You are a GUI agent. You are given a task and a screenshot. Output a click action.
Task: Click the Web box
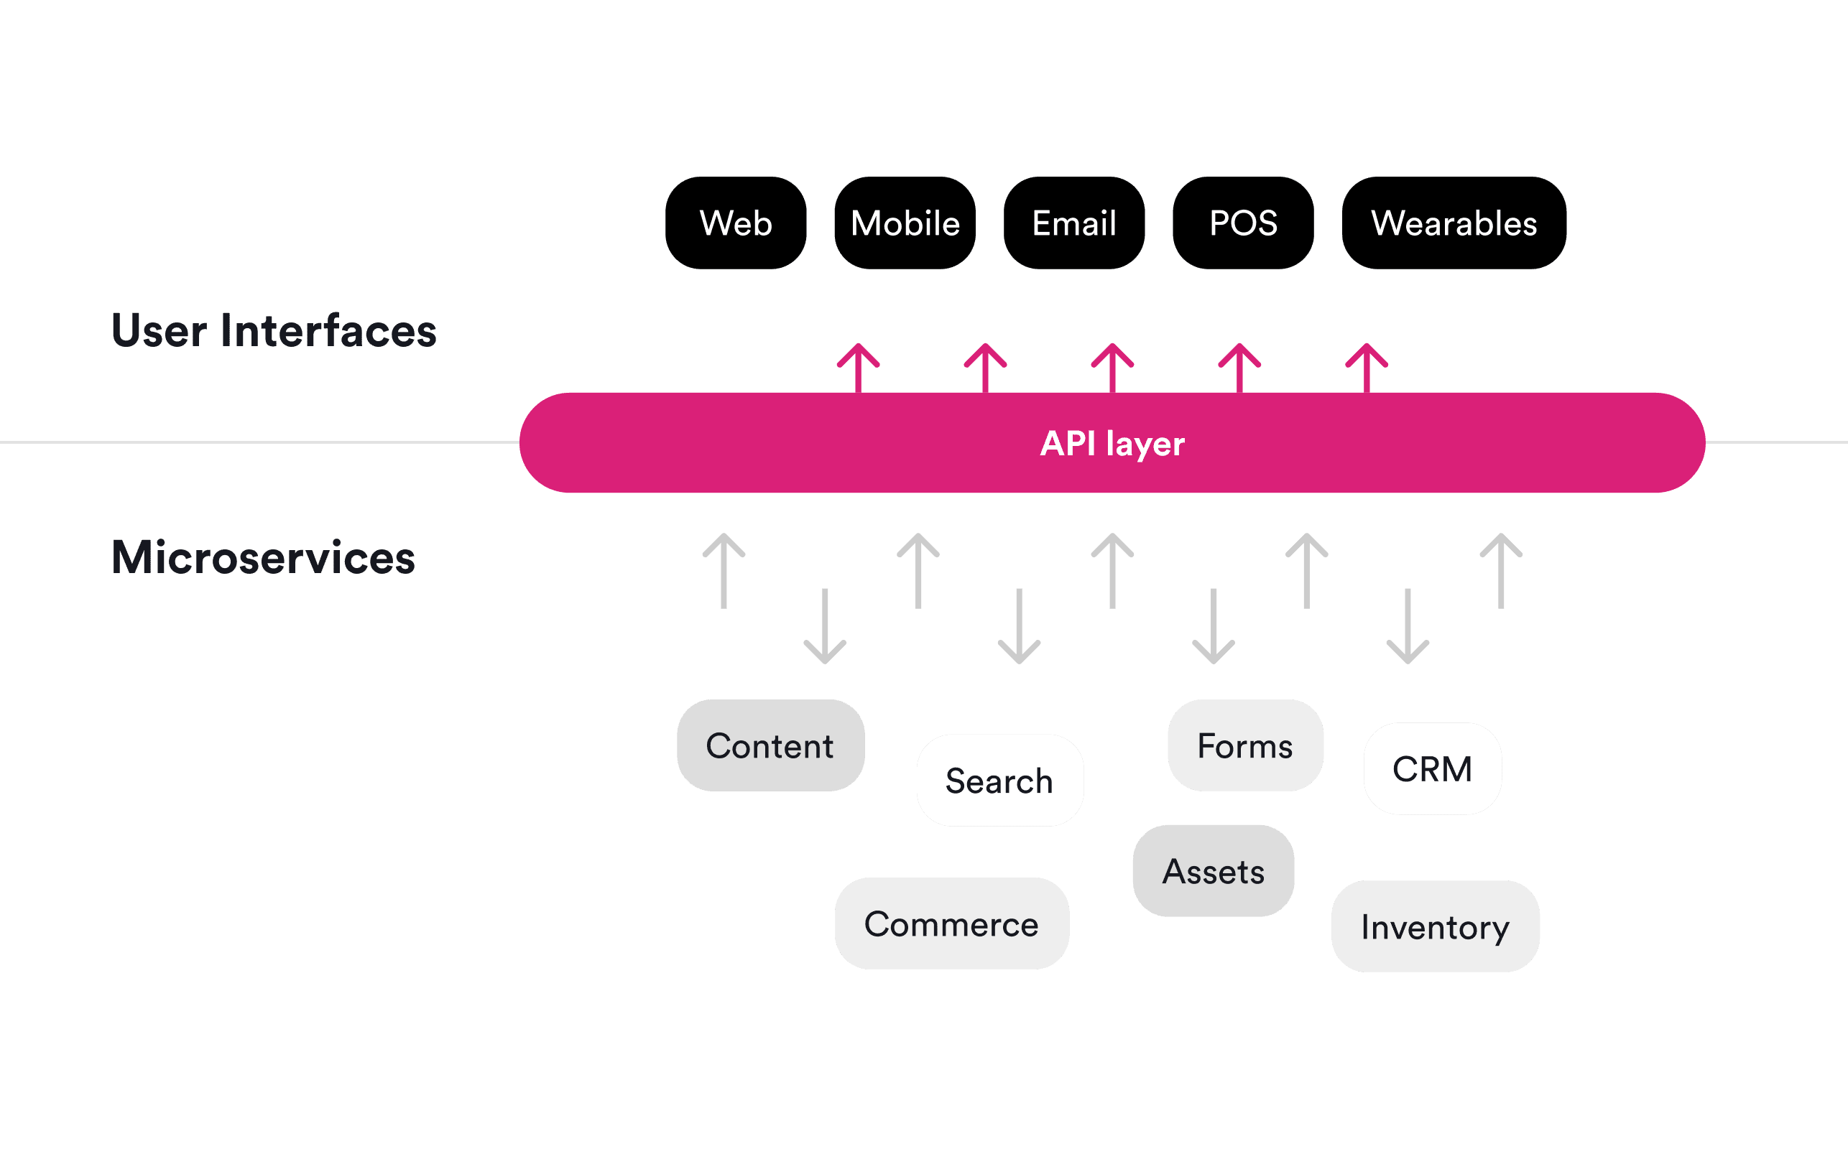[x=735, y=223]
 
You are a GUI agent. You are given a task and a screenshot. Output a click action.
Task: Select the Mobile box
[x=905, y=223]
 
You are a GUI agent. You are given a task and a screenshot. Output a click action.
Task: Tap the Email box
[x=1073, y=223]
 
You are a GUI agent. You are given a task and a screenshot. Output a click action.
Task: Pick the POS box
[x=1243, y=223]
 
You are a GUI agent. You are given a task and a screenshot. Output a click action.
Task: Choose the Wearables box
[x=1454, y=223]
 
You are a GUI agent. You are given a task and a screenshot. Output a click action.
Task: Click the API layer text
[x=1112, y=443]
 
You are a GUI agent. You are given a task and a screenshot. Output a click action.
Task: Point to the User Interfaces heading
[x=274, y=330]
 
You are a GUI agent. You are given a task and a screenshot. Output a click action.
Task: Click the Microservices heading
[x=263, y=557]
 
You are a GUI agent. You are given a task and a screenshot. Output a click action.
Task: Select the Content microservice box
[x=770, y=745]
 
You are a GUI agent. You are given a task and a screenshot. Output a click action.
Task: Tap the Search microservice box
[x=999, y=781]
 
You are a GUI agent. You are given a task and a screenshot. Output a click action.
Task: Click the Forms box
[x=1245, y=745]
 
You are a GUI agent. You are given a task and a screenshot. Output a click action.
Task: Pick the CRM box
[x=1432, y=768]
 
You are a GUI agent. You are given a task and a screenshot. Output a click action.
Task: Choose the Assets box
[x=1214, y=871]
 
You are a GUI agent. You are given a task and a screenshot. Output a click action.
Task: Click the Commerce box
[x=952, y=924]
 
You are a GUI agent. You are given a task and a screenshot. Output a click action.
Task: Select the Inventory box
[x=1436, y=926]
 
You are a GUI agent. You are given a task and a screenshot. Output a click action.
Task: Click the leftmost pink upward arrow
[x=858, y=368]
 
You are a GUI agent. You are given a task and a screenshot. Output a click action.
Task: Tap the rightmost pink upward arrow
[x=1366, y=368]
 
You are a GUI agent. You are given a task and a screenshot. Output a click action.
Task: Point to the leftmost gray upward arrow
[x=724, y=571]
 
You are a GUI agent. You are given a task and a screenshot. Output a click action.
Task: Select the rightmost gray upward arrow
[x=1502, y=571]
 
